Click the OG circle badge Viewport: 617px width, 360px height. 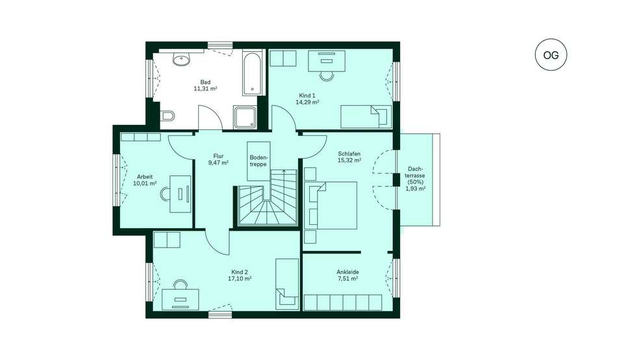(x=551, y=55)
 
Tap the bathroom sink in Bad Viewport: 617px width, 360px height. (x=181, y=60)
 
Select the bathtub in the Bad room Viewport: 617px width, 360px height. (x=252, y=73)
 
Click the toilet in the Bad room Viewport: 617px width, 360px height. (x=168, y=116)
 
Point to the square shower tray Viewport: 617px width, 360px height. (x=244, y=117)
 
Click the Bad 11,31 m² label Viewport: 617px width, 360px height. (x=205, y=86)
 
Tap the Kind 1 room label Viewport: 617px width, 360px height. (x=307, y=99)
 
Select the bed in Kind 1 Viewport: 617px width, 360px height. (x=366, y=116)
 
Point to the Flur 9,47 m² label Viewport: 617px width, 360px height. (x=218, y=159)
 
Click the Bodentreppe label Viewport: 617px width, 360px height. (x=258, y=161)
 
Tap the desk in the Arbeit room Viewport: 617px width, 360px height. (x=180, y=194)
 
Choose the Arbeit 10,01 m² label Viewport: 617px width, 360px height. (x=145, y=180)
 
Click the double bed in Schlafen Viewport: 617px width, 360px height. (x=333, y=205)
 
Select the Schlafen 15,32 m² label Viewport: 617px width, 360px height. (x=349, y=157)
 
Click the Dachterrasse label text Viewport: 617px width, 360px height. (x=416, y=179)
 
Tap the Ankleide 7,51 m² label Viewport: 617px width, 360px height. (x=347, y=275)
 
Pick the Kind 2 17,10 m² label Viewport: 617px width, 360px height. (x=240, y=275)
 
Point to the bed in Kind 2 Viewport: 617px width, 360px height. (x=287, y=284)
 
